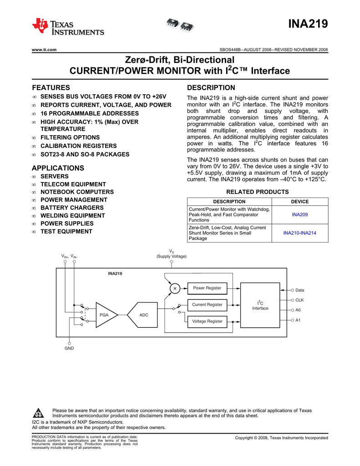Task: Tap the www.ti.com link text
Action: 44,50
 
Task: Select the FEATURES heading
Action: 51,87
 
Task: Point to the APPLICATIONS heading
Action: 58,168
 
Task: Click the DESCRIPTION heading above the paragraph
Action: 211,87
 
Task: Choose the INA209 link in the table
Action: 299,215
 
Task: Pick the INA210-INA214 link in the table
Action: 299,233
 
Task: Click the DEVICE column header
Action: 299,202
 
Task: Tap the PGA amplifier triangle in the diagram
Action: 105,314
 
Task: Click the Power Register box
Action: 207,288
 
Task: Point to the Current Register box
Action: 207,304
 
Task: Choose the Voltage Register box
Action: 207,321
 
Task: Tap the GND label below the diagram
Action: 69,348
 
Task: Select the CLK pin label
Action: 299,300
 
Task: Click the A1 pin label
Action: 298,320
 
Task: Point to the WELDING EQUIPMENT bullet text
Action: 73,216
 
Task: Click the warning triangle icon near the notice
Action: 39,413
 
